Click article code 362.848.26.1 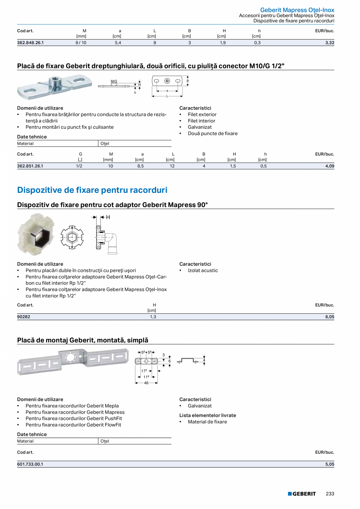point(30,43)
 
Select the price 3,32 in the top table point(329,43)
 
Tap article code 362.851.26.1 point(30,166)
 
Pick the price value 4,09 point(329,166)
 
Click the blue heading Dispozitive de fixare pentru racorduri point(92,190)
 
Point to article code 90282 point(23,317)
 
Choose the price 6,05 point(329,317)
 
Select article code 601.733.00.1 point(30,464)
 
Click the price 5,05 point(329,464)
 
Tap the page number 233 point(330,494)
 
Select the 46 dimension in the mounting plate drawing point(146,383)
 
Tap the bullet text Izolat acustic point(203,270)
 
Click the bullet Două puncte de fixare point(212,133)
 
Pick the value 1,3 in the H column point(153,317)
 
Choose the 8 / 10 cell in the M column point(81,43)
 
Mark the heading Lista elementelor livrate point(208,415)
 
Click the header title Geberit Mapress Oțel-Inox point(297,10)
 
